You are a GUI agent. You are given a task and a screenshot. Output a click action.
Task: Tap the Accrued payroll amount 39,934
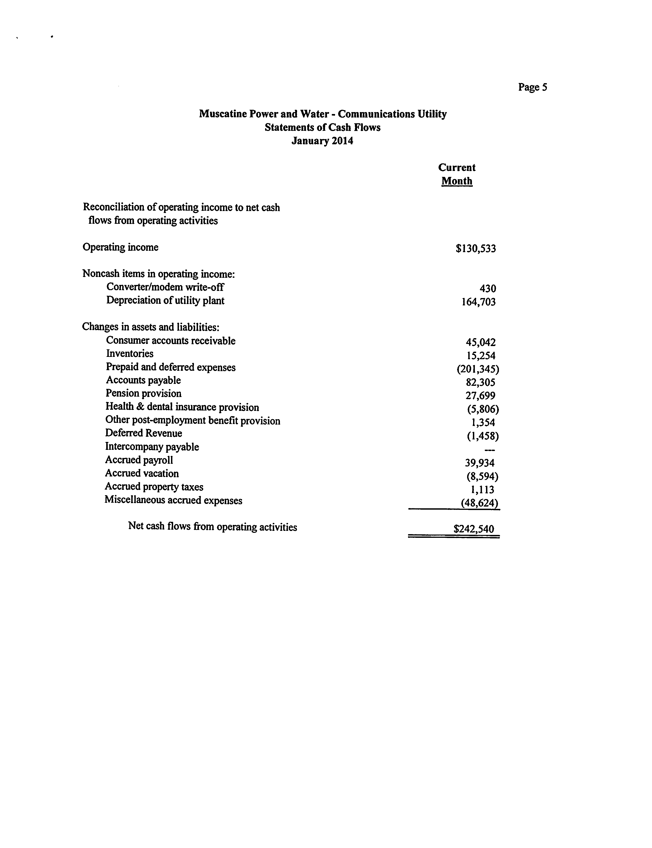point(480,463)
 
